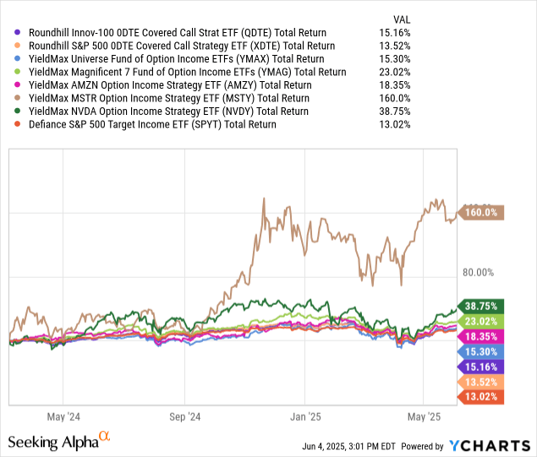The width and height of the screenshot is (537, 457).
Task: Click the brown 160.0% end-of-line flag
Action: (x=479, y=214)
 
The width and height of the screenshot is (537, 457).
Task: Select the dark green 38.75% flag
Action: (x=479, y=306)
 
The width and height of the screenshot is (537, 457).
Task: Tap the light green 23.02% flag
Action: (x=479, y=321)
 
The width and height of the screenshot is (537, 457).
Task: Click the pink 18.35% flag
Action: (x=479, y=336)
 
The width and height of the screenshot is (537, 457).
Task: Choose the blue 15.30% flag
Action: (x=479, y=351)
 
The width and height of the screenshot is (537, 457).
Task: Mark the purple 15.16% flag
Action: (x=479, y=367)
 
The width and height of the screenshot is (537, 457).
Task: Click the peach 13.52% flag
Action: (x=479, y=382)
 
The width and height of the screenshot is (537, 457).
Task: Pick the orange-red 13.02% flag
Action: (x=479, y=397)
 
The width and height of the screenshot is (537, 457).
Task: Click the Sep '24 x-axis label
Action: (x=184, y=416)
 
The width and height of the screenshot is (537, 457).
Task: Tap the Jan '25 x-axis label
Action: (x=304, y=416)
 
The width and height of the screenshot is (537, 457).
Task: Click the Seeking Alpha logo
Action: (x=59, y=441)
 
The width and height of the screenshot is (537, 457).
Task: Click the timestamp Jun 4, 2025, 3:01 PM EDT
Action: (x=373, y=446)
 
